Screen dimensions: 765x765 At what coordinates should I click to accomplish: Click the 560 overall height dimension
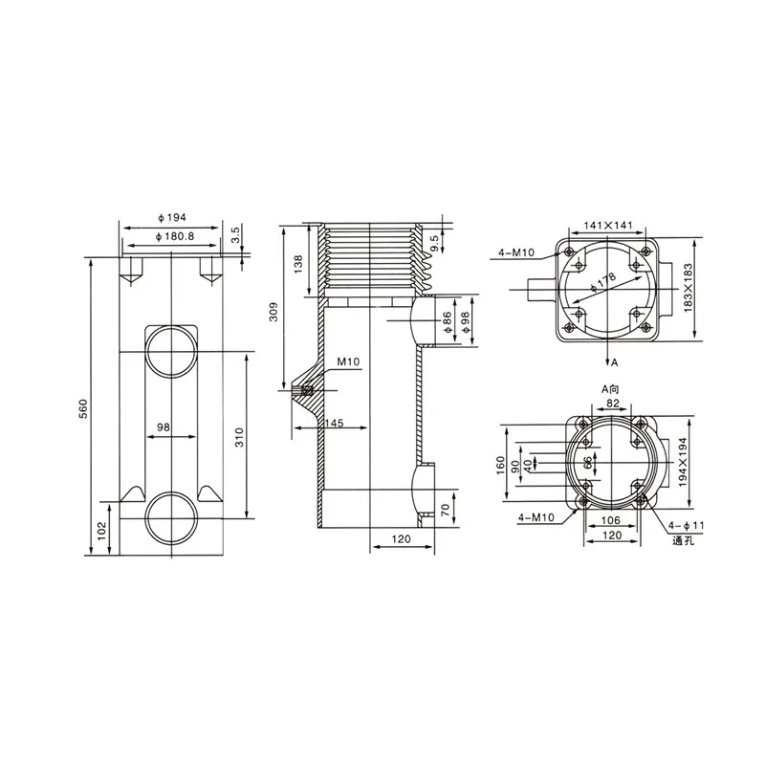[x=83, y=409]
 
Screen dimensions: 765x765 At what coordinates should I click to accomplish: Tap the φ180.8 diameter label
[x=175, y=236]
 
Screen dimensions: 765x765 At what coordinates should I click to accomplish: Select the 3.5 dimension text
[x=235, y=234]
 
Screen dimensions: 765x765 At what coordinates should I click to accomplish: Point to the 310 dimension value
[x=239, y=437]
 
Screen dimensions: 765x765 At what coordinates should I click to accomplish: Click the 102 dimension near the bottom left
[x=101, y=531]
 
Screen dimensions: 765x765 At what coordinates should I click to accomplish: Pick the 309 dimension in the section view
[x=273, y=312]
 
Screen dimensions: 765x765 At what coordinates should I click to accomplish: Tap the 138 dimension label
[x=298, y=264]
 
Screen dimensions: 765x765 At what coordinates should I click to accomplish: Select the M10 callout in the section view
[x=348, y=361]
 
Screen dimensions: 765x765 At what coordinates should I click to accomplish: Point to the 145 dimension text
[x=334, y=423]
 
